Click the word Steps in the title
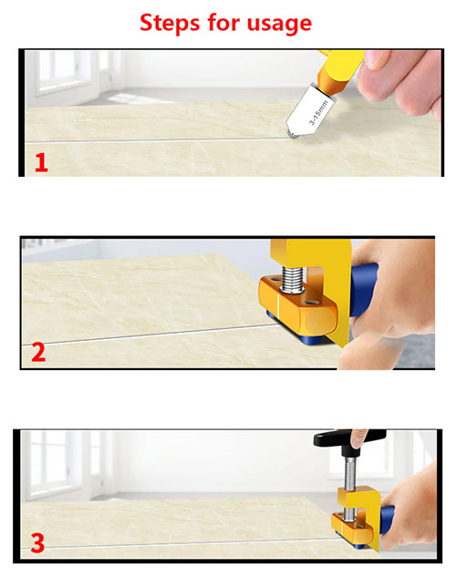tap(170, 23)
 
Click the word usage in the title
tap(279, 25)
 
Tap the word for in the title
tap(223, 23)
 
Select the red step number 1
tap(42, 162)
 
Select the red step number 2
tap(38, 352)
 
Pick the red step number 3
tap(37, 543)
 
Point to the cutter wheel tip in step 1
tap(293, 135)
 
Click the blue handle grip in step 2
tap(362, 290)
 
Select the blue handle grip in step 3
tap(387, 520)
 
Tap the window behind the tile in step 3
tap(56, 463)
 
